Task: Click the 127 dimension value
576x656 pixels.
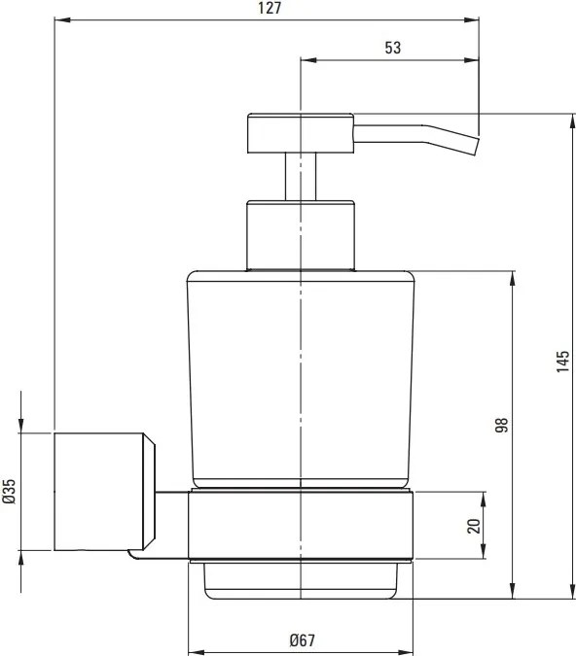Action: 270,8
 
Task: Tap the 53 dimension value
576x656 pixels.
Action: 392,48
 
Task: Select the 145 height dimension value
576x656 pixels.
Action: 563,362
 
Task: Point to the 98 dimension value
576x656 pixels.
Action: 501,425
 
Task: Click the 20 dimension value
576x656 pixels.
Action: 474,526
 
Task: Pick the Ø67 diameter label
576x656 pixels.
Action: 302,640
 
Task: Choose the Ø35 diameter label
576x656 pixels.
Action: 9,492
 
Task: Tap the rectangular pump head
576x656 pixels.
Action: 301,133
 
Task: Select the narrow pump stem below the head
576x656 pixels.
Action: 301,177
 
